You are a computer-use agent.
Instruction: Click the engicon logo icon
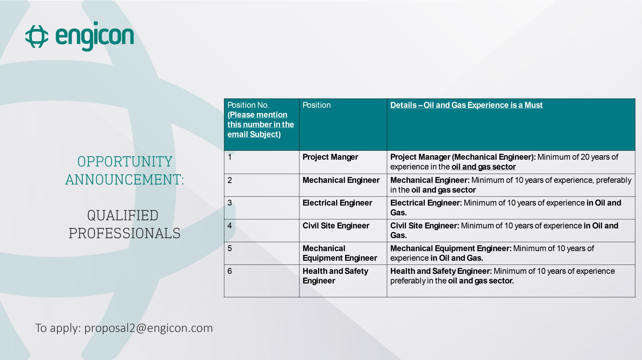tap(37, 36)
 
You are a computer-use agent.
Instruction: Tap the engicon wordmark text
tap(95, 36)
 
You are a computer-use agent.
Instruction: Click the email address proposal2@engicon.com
tap(149, 328)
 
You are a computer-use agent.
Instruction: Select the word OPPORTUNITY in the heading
tap(125, 162)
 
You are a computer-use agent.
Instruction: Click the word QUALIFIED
tap(123, 216)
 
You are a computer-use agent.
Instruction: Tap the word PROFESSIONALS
tap(124, 233)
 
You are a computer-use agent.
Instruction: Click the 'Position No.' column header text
tap(248, 105)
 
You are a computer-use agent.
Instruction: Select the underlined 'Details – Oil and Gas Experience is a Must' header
tap(466, 105)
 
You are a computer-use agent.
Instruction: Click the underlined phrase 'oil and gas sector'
tap(484, 167)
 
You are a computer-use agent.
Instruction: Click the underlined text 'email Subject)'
tap(254, 134)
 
